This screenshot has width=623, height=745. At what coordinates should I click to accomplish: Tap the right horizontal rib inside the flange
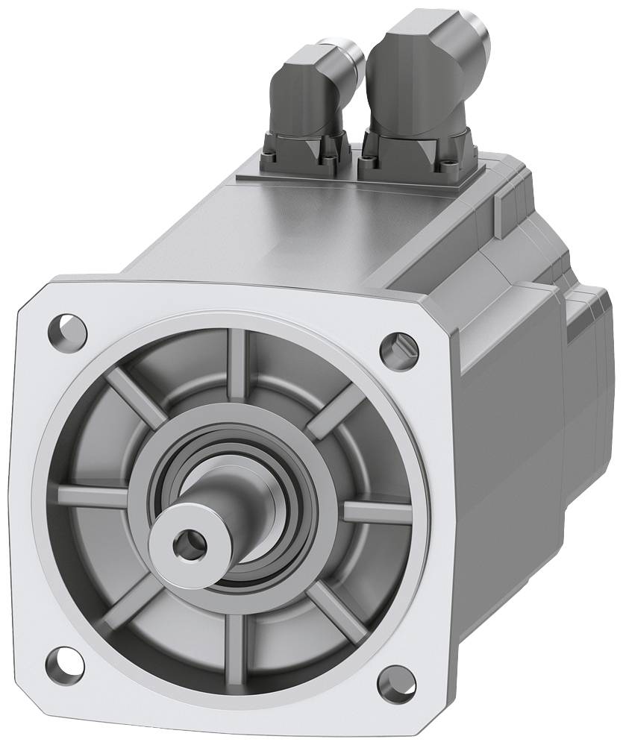point(377,512)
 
